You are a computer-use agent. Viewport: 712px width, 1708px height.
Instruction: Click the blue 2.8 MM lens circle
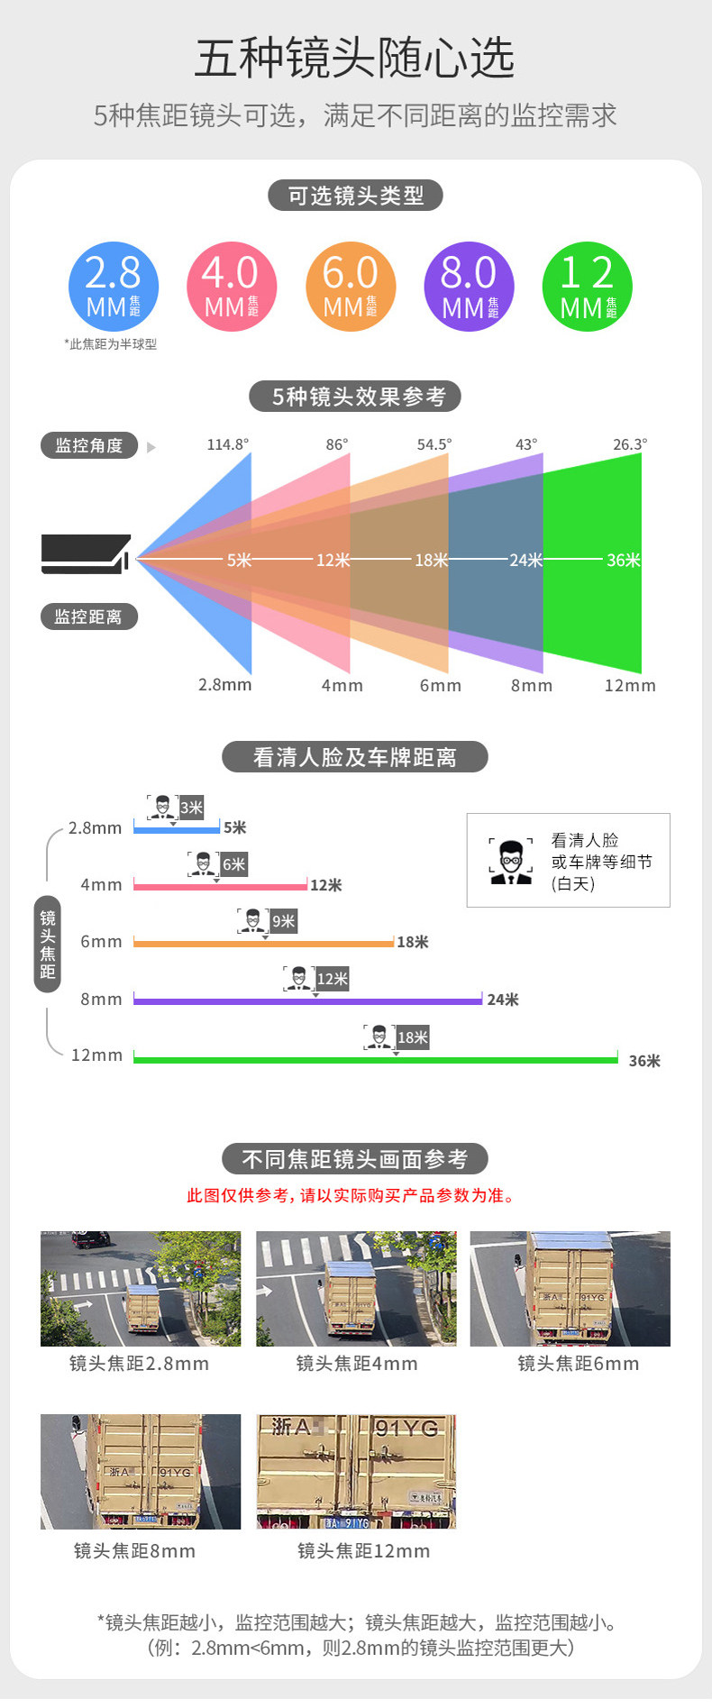click(x=114, y=287)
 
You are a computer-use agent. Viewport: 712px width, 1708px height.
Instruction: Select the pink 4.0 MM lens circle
click(x=232, y=287)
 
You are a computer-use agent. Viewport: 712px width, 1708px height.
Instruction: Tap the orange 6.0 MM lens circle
click(x=351, y=287)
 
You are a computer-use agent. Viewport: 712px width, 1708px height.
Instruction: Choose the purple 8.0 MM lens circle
click(x=469, y=287)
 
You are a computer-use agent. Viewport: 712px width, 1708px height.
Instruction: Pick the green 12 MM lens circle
click(x=588, y=287)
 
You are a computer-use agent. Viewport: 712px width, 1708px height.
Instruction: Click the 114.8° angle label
click(x=227, y=444)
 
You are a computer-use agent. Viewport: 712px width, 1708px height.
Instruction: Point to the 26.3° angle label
click(x=630, y=444)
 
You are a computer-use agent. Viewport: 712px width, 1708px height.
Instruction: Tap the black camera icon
click(x=86, y=553)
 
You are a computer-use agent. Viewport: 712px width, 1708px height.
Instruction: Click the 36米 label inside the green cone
click(x=623, y=560)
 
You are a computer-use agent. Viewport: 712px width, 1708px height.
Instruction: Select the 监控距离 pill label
click(x=88, y=617)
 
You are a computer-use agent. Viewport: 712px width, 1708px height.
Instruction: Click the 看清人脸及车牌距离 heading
click(x=355, y=757)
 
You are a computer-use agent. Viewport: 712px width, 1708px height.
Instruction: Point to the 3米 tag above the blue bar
click(x=191, y=808)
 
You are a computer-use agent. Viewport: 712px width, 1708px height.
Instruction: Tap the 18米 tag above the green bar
click(x=413, y=1037)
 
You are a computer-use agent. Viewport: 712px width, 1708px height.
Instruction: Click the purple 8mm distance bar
click(x=307, y=1000)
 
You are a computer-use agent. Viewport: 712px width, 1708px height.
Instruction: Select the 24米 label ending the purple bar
click(x=503, y=1000)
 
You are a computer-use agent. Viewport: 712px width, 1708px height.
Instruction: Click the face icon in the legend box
click(x=511, y=862)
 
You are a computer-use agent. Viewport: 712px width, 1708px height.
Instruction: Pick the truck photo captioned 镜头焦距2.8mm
click(x=141, y=1288)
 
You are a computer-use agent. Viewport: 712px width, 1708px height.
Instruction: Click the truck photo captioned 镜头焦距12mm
click(x=356, y=1471)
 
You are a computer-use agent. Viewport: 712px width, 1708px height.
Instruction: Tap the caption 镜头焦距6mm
click(x=578, y=1364)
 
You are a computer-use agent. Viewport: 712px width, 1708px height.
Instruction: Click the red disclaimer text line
click(x=351, y=1195)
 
